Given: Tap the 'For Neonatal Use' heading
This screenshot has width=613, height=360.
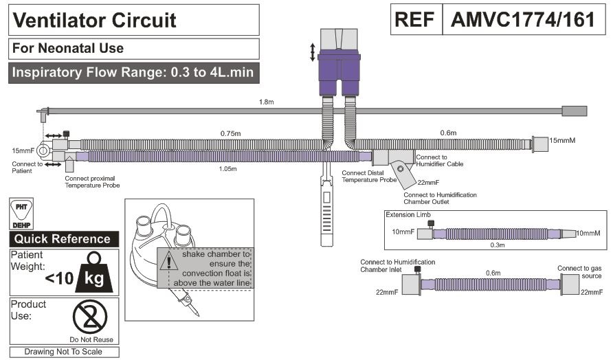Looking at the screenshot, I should (x=69, y=48).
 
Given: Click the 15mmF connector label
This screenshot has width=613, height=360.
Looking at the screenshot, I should (x=23, y=150).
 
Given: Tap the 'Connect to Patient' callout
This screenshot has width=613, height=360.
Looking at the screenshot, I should (x=27, y=167).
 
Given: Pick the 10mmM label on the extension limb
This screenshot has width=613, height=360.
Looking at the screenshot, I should (x=588, y=233).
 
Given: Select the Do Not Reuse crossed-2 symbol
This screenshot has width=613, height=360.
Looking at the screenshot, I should (x=89, y=316).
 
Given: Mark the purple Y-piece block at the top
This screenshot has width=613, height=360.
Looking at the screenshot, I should (x=338, y=67).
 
